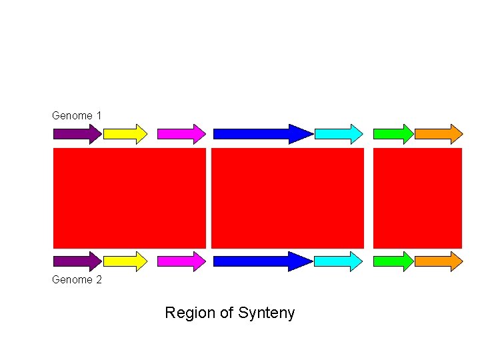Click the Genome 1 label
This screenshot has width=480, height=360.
(77, 115)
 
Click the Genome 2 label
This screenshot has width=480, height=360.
(77, 280)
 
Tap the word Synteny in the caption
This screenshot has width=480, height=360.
(267, 313)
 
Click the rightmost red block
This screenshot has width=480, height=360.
(417, 198)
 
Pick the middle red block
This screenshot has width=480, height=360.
(287, 198)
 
